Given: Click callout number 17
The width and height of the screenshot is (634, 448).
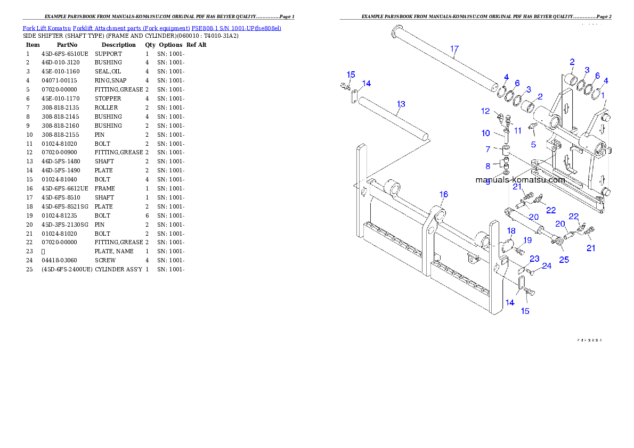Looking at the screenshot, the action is [x=454, y=49].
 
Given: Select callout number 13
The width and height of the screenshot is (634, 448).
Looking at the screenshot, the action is [x=401, y=104].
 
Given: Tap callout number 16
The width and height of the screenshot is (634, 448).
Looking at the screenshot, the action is [x=444, y=195].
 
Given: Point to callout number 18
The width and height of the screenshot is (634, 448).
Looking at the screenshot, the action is [x=511, y=231].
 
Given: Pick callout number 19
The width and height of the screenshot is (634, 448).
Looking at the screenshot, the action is [x=527, y=240].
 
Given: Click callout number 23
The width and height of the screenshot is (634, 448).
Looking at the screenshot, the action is [x=534, y=259].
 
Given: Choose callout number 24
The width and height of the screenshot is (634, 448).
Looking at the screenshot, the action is [x=547, y=266].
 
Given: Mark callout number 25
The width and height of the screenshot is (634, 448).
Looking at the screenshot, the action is [x=564, y=260].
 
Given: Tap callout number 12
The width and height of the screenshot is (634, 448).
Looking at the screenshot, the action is [x=485, y=111].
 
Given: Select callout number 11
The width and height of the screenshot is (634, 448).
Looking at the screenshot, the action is [x=518, y=130].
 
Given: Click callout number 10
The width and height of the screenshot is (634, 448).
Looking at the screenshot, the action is [x=486, y=133].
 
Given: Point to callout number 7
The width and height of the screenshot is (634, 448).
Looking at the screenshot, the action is [x=487, y=150].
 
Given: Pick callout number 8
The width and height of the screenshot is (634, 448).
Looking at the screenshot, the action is [x=487, y=167].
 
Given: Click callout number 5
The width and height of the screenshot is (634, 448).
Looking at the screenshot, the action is [x=533, y=144].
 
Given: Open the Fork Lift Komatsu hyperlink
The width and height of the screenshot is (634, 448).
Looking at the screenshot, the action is [x=152, y=28].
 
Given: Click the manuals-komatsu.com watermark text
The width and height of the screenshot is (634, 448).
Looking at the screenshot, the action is [x=520, y=180].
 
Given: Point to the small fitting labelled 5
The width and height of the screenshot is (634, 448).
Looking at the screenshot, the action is [x=531, y=127].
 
